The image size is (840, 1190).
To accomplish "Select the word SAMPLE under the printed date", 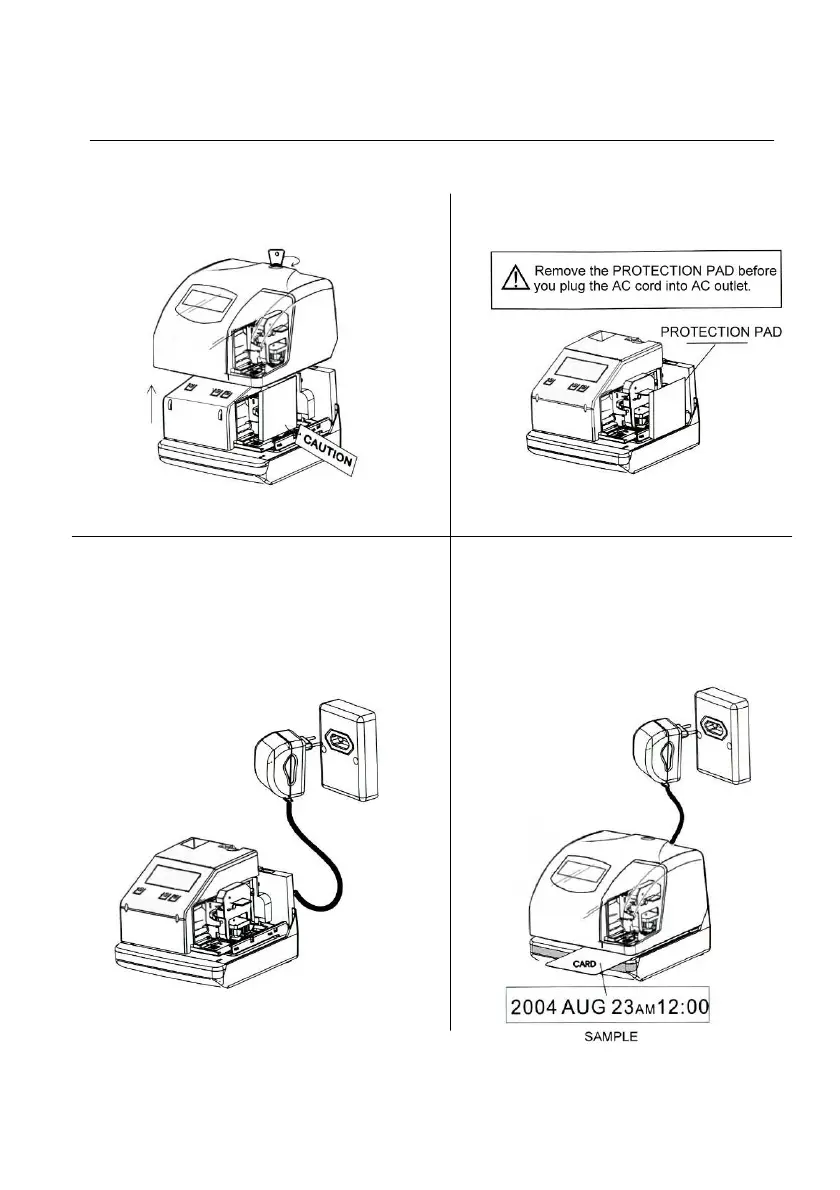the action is click(x=611, y=1038).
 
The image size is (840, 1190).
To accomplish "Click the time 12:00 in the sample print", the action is click(x=679, y=1005).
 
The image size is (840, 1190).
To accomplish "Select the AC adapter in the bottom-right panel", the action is click(x=652, y=749).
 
